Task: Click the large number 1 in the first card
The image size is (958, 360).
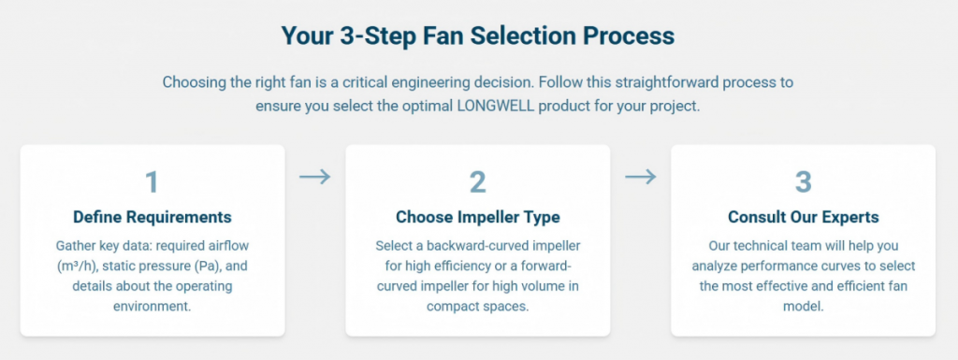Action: point(152,180)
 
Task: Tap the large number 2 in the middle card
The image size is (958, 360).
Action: point(477,180)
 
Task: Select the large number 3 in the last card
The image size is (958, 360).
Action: point(803,180)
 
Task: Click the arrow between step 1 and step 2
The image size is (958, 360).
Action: point(315,177)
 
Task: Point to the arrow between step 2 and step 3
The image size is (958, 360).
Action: point(641,177)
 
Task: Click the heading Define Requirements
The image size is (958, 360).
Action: point(152,217)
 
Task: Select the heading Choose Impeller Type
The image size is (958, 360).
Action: point(477,217)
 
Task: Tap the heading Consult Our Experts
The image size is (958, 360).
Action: point(803,217)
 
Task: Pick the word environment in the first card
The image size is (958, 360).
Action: point(152,306)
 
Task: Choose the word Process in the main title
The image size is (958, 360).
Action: point(628,36)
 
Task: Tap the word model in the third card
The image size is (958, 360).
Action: point(803,306)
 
